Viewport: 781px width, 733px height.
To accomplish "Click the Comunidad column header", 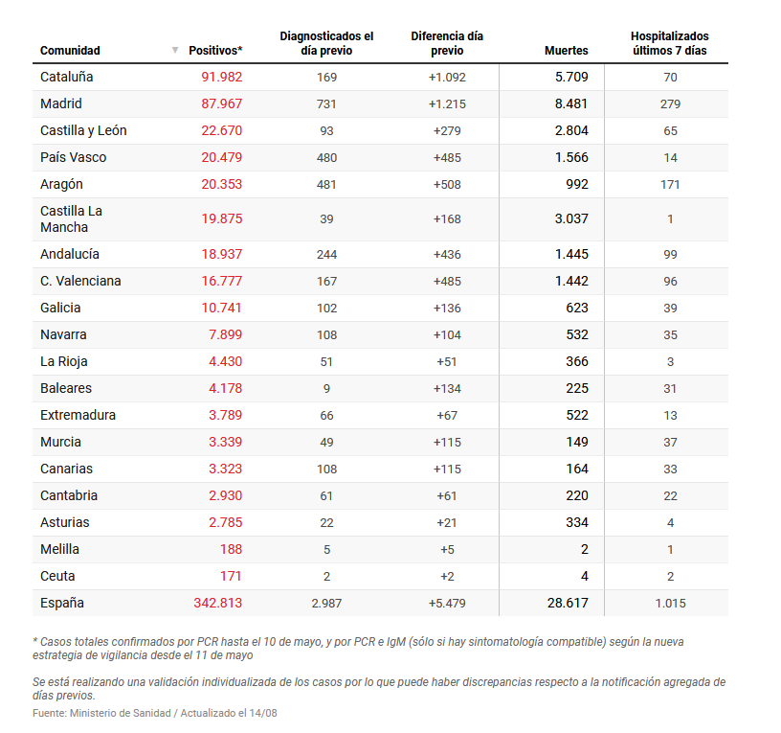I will pos(70,51).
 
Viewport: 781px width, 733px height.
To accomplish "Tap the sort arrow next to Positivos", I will pos(175,50).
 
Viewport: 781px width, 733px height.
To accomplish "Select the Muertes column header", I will pos(566,51).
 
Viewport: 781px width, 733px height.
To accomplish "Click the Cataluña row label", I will pos(66,77).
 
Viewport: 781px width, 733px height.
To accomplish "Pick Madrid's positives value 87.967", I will pos(221,103).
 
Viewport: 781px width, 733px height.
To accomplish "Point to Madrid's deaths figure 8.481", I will pos(571,103).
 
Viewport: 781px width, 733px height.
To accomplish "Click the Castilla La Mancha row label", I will pos(71,218).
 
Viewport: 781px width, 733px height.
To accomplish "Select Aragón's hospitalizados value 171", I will pos(670,184).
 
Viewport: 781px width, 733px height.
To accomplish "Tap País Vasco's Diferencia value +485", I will pos(447,157).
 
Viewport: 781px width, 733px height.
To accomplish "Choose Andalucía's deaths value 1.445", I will pos(571,254).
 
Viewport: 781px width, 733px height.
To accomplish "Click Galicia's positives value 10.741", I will pos(221,308).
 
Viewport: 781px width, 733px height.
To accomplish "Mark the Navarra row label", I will pos(63,334).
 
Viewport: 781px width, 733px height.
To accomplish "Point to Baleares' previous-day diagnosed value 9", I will pos(326,388).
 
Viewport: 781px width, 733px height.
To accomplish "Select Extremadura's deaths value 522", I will pos(576,415).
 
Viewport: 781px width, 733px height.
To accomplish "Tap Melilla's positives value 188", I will pos(230,549).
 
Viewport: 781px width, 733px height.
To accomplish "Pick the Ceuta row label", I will pos(57,576).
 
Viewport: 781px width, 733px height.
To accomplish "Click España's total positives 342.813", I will pos(217,603).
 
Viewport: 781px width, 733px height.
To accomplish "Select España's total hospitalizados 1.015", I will pos(670,604).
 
